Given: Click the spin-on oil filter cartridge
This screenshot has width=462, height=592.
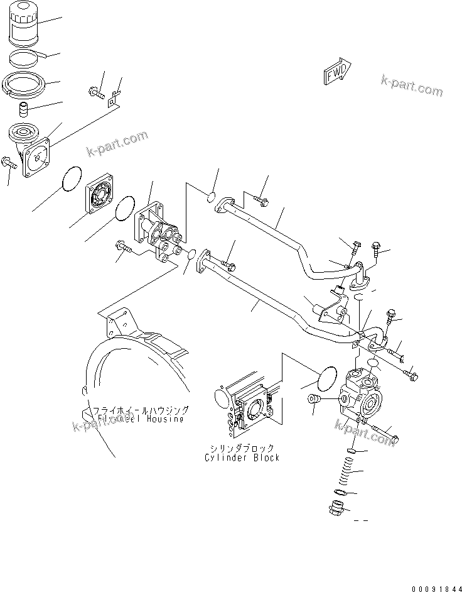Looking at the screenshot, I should click(x=25, y=28).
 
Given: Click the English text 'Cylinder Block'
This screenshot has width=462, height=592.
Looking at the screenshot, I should click(x=242, y=458).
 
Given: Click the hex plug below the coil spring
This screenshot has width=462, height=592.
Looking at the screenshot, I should click(x=337, y=507).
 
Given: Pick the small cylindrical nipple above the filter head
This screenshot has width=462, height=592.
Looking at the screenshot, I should click(x=26, y=111).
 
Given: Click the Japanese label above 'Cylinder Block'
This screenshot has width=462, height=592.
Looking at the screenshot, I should click(x=242, y=448).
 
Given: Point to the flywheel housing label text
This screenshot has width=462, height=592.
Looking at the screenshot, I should click(x=142, y=414).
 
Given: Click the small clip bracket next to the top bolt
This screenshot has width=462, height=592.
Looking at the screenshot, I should click(x=113, y=98).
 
